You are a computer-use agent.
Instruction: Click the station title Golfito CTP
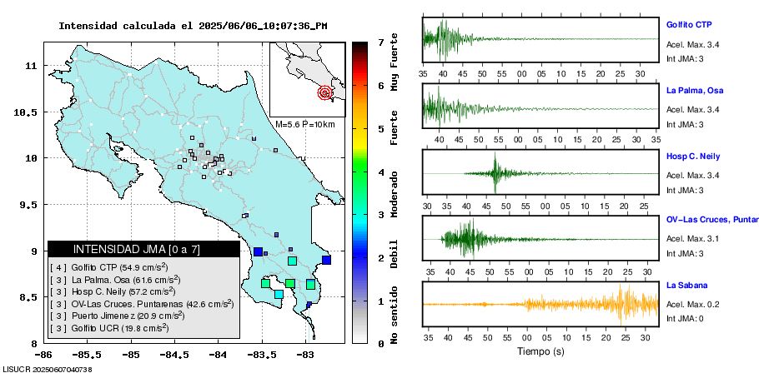tap(693, 24)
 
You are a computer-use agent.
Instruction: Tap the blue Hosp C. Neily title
tap(693, 157)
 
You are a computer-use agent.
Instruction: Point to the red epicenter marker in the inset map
tap(325, 93)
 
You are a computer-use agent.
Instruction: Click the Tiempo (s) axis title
tap(540, 351)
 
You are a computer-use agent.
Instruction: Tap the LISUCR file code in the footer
tap(47, 369)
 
